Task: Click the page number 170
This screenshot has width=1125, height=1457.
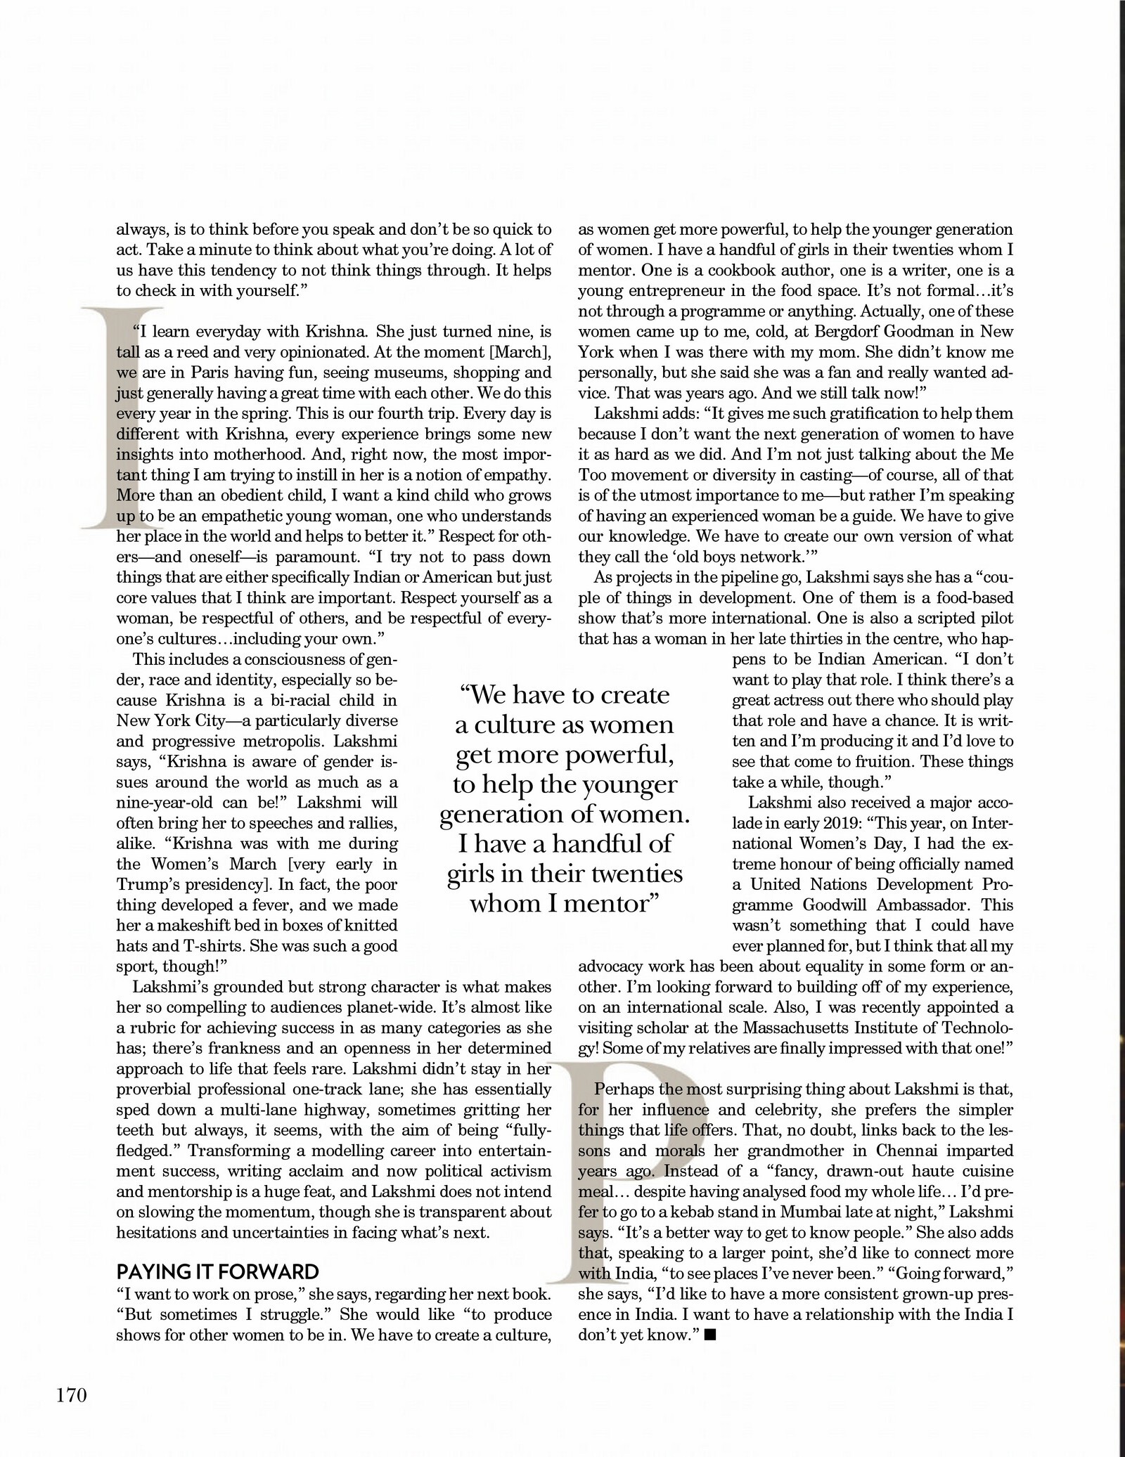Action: (x=71, y=1395)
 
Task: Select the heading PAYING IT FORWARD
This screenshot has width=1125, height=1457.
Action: (x=217, y=1271)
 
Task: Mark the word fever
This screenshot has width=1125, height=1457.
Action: (x=280, y=905)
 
